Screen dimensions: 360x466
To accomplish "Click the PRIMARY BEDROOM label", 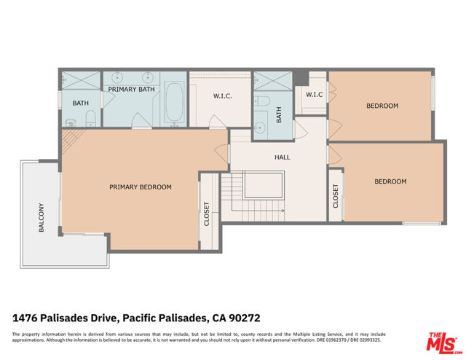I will tap(141, 187).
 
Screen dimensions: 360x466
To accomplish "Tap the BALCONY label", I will tap(42, 217).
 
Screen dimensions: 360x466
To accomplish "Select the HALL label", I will tap(283, 157).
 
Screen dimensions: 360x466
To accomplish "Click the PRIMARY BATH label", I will tap(132, 89).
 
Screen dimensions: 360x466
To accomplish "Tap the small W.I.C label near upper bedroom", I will tap(314, 95).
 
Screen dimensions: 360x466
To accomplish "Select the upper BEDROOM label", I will tap(382, 106).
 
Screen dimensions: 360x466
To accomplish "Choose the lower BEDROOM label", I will tap(390, 181).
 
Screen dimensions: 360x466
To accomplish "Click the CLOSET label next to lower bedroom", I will tap(336, 196).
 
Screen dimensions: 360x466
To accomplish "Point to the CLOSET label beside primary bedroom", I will tap(207, 214).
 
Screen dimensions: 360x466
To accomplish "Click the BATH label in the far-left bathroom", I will tap(80, 103).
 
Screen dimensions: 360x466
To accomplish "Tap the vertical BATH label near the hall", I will tap(278, 114).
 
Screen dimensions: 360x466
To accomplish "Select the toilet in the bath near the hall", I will tap(264, 101).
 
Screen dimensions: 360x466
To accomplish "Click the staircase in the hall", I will tap(251, 197).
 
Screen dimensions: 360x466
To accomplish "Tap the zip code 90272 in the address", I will tap(246, 318).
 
